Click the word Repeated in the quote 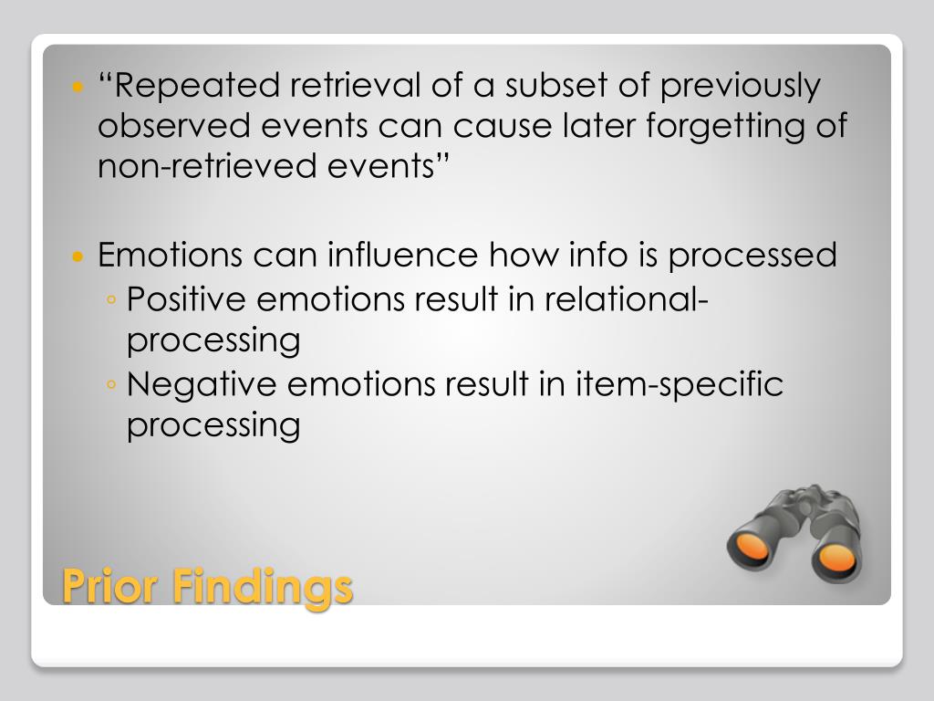click(x=197, y=86)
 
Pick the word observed click(x=174, y=126)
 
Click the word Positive click(x=186, y=298)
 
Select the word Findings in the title click(x=263, y=588)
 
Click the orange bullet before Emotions click(x=78, y=256)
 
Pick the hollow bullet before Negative click(x=110, y=384)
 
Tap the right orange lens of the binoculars click(x=837, y=557)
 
